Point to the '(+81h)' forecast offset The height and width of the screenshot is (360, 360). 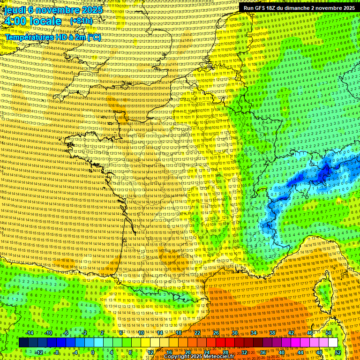pyautogui.click(x=82, y=21)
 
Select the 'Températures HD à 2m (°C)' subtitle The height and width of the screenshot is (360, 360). pyautogui.click(x=53, y=37)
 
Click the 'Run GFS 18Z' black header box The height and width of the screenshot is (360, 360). pyautogui.click(x=299, y=8)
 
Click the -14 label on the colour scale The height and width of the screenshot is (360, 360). pyautogui.click(x=30, y=333)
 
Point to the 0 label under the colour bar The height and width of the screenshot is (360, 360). pyautogui.click(x=93, y=352)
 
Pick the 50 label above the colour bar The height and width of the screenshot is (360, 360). pyautogui.click(x=329, y=333)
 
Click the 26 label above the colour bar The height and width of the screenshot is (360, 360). pyautogui.click(x=216, y=333)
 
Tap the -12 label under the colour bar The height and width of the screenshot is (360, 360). pyautogui.click(x=38, y=352)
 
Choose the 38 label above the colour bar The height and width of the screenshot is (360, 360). pyautogui.click(x=272, y=333)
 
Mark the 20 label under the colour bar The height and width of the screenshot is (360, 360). pyautogui.click(x=187, y=352)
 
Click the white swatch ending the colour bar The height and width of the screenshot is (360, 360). pyautogui.click(x=333, y=343)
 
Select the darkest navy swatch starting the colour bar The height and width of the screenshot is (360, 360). pyautogui.click(x=23, y=343)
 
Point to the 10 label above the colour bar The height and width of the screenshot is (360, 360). pyautogui.click(x=141, y=333)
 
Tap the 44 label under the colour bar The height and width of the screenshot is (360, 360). pyautogui.click(x=300, y=352)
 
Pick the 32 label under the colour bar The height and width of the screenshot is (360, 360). pyautogui.click(x=244, y=352)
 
